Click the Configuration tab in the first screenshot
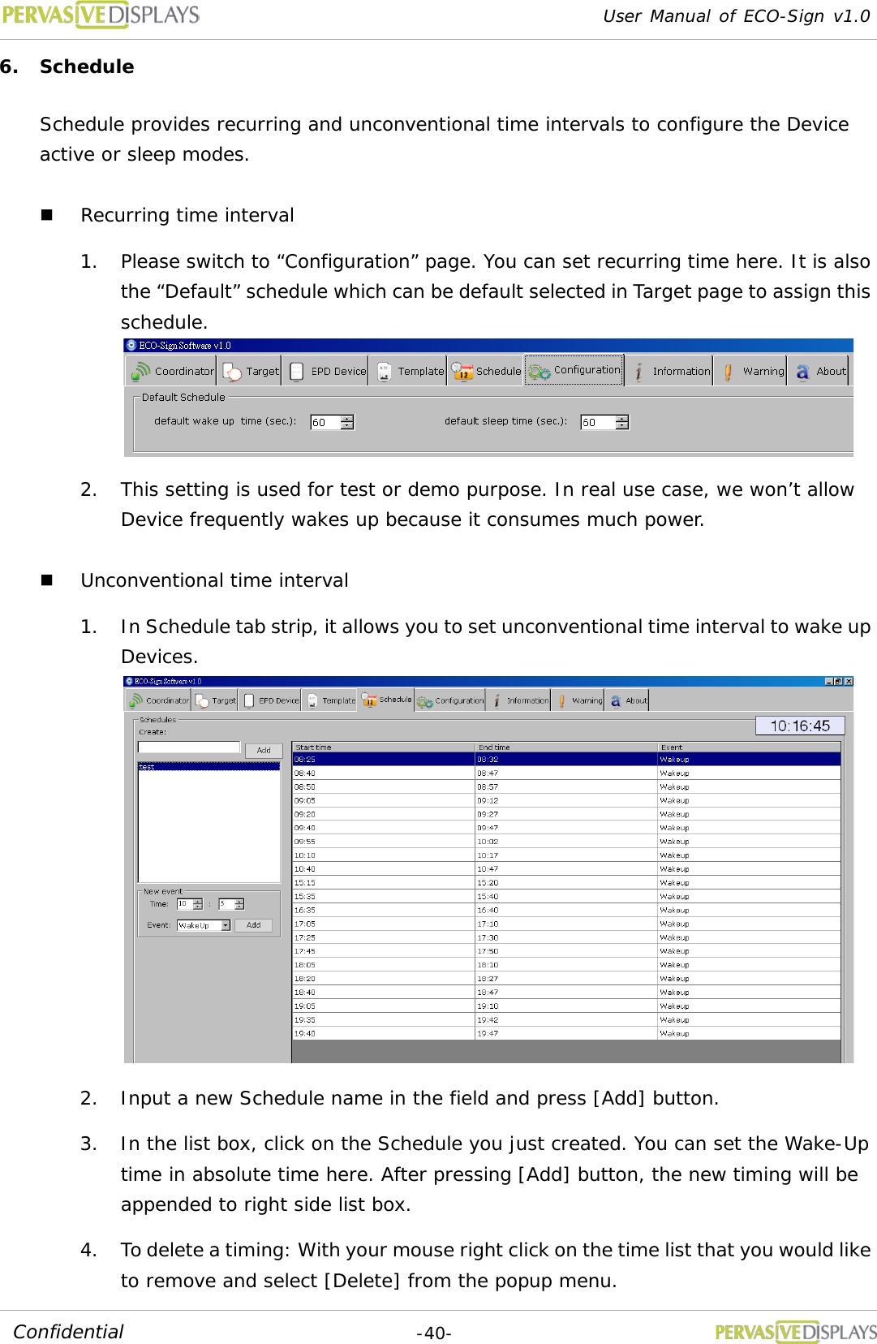tap(574, 371)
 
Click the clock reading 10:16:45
tap(800, 726)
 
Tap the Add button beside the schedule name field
tap(264, 751)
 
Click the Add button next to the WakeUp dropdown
tap(253, 925)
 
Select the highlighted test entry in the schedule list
tap(209, 767)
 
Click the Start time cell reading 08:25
tap(305, 760)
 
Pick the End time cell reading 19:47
tap(488, 1034)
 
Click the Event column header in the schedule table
tap(672, 747)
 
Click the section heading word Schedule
tap(87, 67)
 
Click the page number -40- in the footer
tap(434, 1333)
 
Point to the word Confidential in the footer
tap(68, 1332)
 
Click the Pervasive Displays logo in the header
tap(101, 15)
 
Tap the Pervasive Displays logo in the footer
tap(795, 1332)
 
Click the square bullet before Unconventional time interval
tap(47, 580)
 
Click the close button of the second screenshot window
tap(849, 681)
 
